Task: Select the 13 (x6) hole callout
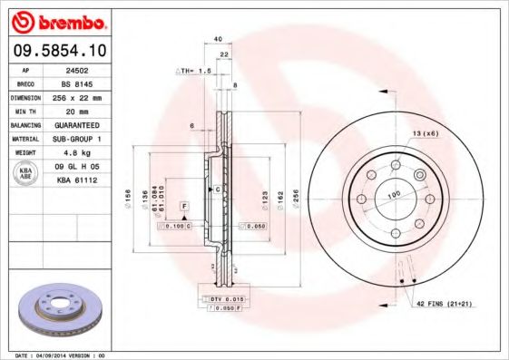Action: pos(426,133)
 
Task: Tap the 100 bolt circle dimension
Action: pos(395,194)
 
